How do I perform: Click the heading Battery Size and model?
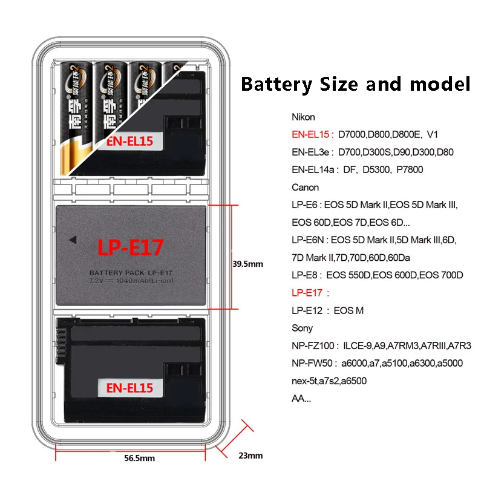point(355,83)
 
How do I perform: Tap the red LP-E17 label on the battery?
point(131,247)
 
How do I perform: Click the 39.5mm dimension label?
point(248,264)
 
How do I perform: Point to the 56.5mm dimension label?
point(140,458)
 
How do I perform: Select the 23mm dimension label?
point(250,456)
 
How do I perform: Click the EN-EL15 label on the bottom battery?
point(129,387)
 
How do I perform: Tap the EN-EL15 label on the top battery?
point(129,142)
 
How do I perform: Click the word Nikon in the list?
point(303,117)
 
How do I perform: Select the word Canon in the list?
point(305,187)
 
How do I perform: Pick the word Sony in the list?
point(302,328)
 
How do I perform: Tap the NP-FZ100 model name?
point(313,345)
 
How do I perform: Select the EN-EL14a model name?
point(313,169)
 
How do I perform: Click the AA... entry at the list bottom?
point(301,398)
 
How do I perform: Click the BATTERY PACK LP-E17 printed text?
point(131,273)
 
